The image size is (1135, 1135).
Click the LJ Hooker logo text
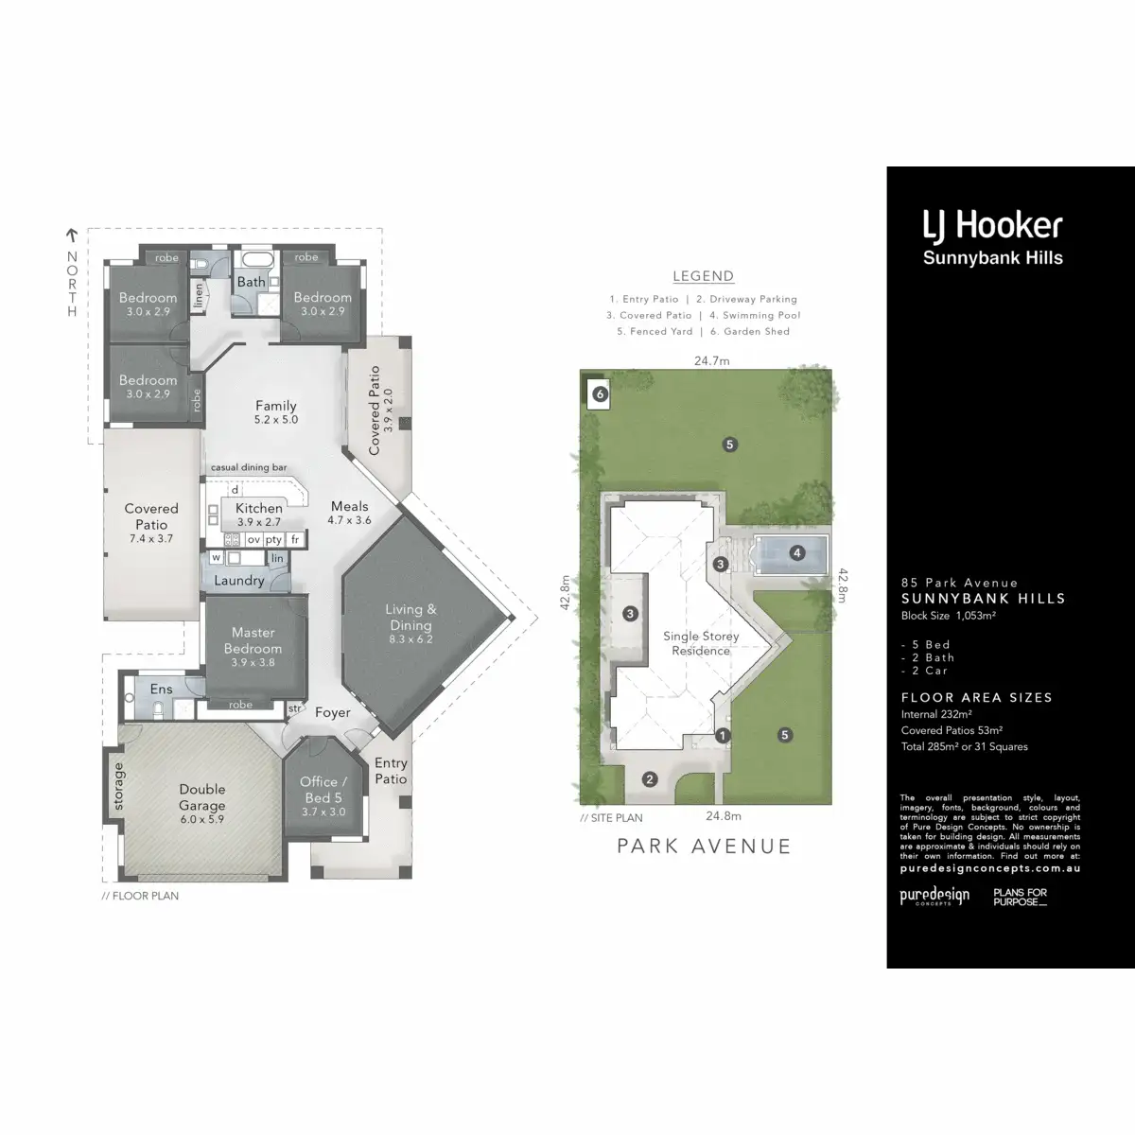[992, 225]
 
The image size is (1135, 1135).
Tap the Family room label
[276, 406]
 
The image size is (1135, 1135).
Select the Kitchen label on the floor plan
[259, 508]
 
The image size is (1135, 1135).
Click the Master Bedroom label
[253, 640]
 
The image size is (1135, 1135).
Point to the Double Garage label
[202, 789]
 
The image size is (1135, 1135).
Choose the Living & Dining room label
[410, 617]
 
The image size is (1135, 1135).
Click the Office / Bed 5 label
[323, 789]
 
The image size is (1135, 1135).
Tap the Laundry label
[238, 581]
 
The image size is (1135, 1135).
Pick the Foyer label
[333, 712]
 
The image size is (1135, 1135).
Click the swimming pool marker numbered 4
[797, 552]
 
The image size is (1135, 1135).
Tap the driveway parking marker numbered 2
[650, 779]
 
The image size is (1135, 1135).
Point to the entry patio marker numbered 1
[724, 735]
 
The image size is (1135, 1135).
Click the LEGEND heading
[703, 276]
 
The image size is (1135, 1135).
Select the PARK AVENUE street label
[704, 846]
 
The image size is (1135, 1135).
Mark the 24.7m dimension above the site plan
[712, 360]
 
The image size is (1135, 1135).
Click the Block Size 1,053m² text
[949, 616]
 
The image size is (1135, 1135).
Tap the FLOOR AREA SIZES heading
[976, 697]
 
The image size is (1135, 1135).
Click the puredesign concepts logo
[934, 896]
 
